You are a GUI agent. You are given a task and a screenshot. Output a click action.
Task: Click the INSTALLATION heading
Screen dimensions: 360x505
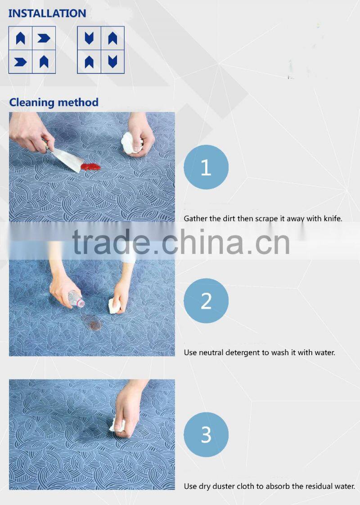point(47,13)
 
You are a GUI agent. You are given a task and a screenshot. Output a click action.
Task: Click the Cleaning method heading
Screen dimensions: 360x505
point(54,103)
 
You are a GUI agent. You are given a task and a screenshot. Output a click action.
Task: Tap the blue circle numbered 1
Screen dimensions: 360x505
point(206,167)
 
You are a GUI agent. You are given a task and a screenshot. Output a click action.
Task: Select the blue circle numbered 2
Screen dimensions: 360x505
point(206,301)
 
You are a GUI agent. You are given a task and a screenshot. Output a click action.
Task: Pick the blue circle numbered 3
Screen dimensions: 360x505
point(206,434)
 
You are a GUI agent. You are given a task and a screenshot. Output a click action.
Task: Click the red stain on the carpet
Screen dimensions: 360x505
point(90,167)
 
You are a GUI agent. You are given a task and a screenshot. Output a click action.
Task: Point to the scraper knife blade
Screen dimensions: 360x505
point(67,159)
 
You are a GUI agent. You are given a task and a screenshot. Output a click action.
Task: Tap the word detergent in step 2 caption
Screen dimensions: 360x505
point(240,353)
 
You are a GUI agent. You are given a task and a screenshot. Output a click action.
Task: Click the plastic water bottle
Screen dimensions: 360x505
point(76,298)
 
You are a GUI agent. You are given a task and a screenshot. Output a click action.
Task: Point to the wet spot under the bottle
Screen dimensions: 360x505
point(92,323)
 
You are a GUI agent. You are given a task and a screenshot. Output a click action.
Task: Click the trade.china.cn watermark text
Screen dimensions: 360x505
point(181,242)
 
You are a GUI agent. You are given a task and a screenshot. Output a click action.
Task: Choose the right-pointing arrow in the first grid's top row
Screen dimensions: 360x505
point(44,38)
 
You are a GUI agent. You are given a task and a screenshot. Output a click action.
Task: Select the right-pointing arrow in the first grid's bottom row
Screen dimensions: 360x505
point(20,62)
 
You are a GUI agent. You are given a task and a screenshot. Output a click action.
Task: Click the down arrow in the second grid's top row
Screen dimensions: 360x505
point(89,38)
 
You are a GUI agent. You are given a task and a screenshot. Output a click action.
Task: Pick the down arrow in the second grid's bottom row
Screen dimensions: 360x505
point(112,62)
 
